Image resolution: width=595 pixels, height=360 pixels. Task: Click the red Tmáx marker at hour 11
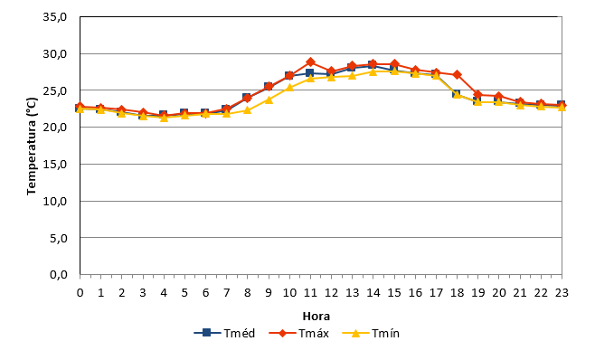310,62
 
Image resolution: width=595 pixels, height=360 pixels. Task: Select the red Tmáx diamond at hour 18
457,74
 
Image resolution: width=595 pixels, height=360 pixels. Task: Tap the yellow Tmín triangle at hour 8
248,110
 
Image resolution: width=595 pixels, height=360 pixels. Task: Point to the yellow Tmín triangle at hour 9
269,99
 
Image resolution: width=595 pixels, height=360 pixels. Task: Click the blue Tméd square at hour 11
310,73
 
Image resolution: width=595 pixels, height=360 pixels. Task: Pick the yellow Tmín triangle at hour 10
289,88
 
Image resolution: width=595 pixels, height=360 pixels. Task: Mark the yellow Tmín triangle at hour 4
164,118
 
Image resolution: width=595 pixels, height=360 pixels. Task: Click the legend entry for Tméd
224,333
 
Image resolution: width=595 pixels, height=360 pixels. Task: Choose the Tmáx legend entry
298,333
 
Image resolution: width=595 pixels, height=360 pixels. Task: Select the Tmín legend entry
371,333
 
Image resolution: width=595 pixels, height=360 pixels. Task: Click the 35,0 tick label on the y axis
55,17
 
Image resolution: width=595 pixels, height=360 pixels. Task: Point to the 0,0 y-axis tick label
59,274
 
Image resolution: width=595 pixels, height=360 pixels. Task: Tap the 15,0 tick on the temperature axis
55,164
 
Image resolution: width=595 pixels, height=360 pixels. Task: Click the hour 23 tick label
562,292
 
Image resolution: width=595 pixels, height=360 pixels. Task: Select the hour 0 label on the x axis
80,292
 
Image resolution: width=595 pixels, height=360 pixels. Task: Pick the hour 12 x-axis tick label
331,292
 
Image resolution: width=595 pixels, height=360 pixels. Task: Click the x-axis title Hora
316,316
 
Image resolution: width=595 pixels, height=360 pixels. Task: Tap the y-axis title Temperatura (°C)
32,147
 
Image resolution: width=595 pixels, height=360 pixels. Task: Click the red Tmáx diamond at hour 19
477,95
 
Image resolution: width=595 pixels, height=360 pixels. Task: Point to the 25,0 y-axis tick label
55,90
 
